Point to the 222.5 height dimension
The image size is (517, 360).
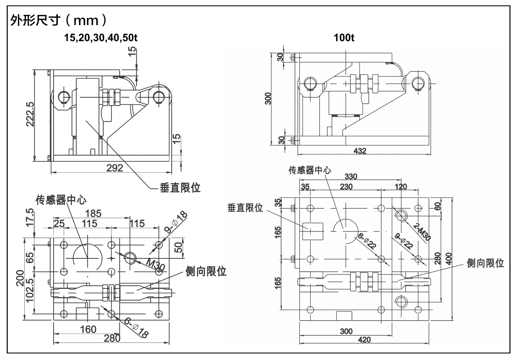click(x=29, y=115)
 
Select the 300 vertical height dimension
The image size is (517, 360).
click(x=268, y=99)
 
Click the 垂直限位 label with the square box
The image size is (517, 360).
click(x=245, y=208)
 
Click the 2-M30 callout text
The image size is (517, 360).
click(x=420, y=232)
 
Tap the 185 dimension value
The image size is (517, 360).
click(x=93, y=214)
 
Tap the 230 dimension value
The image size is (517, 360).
click(x=346, y=186)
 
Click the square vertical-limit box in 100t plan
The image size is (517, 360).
click(x=313, y=231)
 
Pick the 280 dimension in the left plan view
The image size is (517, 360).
click(x=112, y=339)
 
